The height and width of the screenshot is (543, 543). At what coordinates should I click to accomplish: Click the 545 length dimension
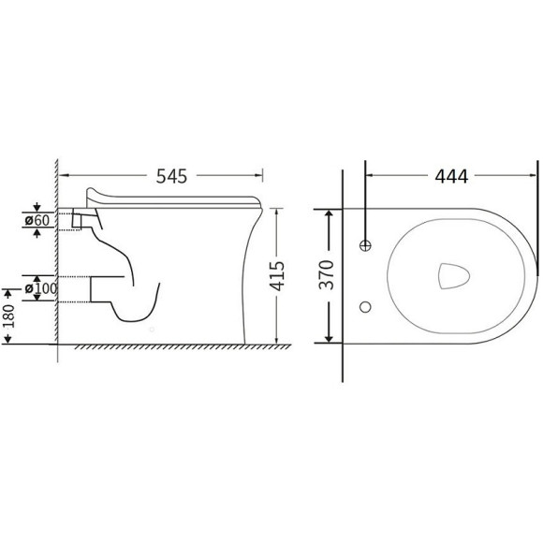pos(171,176)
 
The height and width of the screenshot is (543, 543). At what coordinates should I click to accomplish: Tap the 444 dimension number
pos(451,176)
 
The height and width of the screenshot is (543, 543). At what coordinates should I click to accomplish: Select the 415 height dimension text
pos(277,276)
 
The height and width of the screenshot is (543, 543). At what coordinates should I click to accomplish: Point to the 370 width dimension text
pos(327,275)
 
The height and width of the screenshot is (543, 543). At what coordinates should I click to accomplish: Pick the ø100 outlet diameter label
pos(41,288)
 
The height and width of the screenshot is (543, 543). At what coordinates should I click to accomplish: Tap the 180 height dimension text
pos(8,316)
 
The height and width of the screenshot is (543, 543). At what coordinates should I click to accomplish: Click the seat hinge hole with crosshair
pos(365,245)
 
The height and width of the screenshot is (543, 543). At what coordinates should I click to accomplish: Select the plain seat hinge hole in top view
pos(365,307)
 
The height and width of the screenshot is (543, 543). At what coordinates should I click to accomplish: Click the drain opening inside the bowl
pos(454,276)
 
